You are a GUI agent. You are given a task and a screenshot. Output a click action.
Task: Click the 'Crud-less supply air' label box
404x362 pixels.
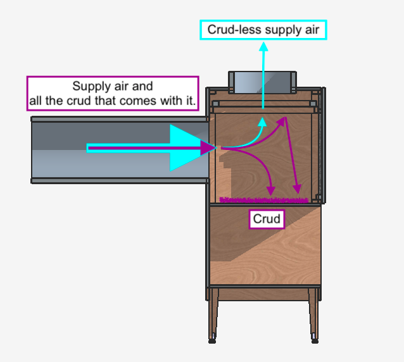point(263,30)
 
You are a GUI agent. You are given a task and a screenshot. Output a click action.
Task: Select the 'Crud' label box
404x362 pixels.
point(267,219)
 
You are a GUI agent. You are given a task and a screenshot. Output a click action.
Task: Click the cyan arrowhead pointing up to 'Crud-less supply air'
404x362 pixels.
point(263,47)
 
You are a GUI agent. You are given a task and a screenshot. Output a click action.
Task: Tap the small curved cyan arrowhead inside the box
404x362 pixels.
point(263,122)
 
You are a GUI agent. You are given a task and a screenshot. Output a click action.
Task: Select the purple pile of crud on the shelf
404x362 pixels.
point(264,200)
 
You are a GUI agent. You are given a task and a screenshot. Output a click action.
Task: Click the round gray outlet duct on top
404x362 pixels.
point(262,82)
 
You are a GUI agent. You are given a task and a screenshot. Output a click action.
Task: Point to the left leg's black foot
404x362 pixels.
point(212,341)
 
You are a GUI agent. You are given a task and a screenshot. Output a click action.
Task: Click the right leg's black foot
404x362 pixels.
point(315,341)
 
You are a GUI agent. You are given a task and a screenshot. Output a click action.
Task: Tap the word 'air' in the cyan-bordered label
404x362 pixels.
point(312,30)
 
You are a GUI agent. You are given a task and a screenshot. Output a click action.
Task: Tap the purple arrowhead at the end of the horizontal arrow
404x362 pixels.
point(209,148)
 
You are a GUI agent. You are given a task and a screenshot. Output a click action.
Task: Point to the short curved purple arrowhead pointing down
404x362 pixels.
point(271,191)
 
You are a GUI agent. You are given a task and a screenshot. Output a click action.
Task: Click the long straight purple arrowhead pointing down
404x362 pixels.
point(297,189)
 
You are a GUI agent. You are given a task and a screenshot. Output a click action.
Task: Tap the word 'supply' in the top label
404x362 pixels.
point(284,30)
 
